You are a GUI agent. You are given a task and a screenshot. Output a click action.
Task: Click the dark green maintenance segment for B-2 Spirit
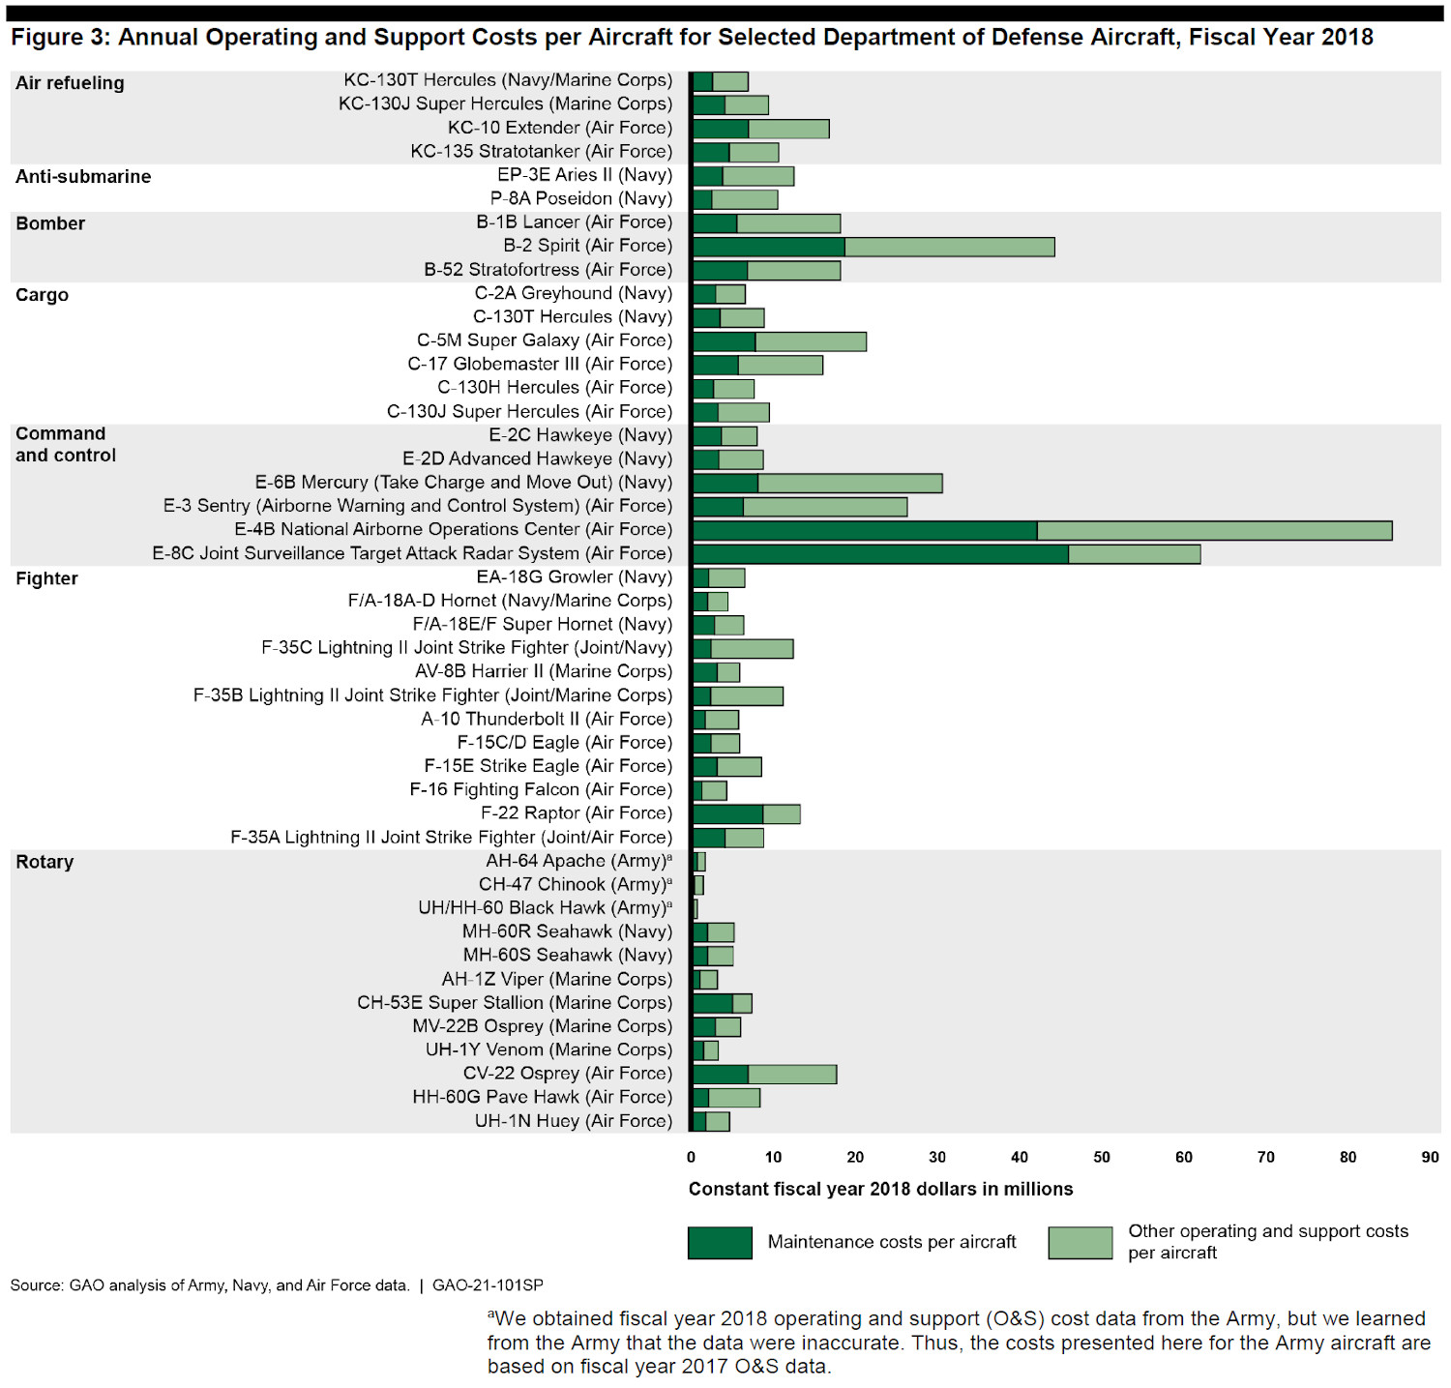tap(769, 247)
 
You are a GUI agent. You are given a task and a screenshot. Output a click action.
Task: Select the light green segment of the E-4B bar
tap(1214, 530)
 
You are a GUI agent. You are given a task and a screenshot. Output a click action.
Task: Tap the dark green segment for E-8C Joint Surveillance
tap(880, 554)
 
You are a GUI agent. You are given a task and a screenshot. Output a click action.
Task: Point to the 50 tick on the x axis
tap(1102, 1157)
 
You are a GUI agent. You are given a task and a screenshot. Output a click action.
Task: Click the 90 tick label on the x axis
tap(1430, 1157)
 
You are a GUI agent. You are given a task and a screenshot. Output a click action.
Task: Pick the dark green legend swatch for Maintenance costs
tap(720, 1243)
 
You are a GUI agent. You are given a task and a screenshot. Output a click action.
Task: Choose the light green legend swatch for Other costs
tap(1080, 1243)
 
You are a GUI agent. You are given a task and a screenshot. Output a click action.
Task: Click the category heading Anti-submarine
tap(83, 176)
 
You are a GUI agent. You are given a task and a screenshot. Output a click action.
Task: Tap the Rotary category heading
tap(44, 862)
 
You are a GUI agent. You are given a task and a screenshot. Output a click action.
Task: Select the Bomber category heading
tap(50, 223)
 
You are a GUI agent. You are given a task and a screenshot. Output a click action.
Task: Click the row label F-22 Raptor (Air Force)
tap(576, 813)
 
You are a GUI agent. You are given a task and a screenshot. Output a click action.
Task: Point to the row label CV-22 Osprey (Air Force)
tap(567, 1074)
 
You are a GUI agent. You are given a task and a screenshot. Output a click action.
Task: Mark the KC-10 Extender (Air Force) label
tap(559, 128)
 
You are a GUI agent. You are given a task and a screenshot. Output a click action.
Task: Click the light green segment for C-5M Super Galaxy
tap(811, 341)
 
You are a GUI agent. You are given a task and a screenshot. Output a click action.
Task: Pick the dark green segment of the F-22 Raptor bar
tap(727, 814)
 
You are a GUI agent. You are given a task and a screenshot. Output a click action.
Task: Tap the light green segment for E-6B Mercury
tap(849, 483)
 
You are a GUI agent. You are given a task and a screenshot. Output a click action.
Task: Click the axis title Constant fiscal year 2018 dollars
tap(880, 1189)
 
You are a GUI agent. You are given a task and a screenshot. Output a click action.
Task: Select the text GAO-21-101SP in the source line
tap(488, 1285)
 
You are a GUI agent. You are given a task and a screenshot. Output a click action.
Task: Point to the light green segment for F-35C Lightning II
tap(752, 649)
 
